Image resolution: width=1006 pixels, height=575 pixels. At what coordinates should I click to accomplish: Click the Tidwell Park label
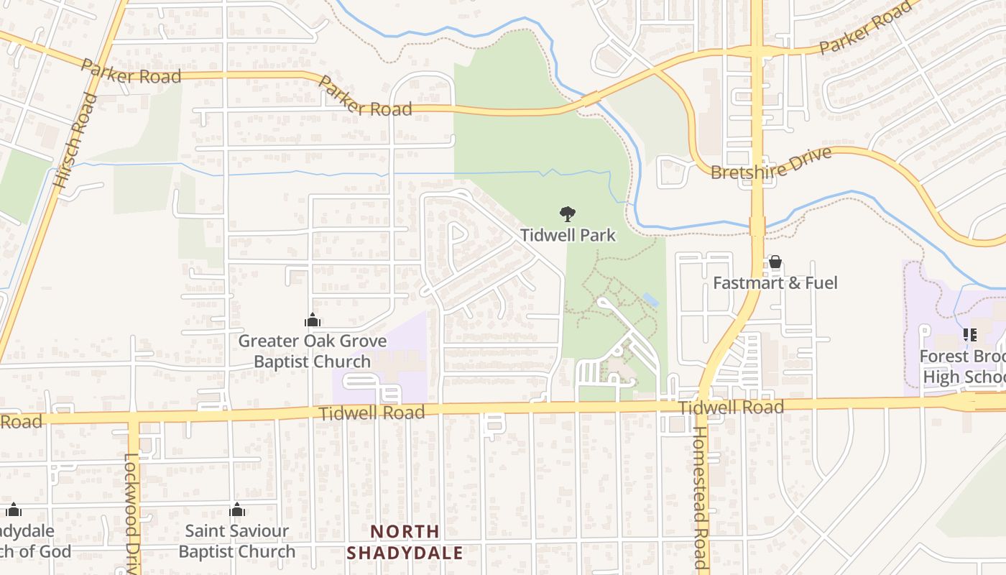click(568, 235)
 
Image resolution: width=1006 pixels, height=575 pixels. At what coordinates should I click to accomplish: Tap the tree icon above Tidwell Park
click(568, 213)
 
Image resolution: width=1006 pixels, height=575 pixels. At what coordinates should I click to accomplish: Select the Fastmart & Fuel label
click(775, 283)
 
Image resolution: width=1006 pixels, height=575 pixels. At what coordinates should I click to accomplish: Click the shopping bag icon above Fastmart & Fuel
click(775, 262)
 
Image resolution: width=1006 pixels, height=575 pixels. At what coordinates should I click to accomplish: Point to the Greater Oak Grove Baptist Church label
click(312, 351)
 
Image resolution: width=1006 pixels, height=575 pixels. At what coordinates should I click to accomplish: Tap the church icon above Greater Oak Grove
click(312, 320)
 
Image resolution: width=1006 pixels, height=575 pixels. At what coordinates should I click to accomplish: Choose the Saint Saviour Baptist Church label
click(236, 541)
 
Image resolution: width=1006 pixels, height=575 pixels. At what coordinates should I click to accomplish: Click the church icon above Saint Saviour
click(237, 510)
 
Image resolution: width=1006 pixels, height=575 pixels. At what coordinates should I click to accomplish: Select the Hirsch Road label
click(75, 141)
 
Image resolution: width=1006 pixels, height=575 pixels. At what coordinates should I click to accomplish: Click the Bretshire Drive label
click(771, 164)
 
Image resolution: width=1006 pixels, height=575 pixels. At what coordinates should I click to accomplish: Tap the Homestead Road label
click(699, 497)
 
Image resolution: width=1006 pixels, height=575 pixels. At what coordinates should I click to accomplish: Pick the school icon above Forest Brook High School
click(970, 335)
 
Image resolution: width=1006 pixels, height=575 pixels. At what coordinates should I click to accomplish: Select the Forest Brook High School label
click(963, 367)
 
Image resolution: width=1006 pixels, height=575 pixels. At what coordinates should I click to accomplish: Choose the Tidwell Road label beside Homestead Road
click(731, 408)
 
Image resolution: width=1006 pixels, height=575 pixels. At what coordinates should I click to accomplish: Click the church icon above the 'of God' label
click(14, 510)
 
